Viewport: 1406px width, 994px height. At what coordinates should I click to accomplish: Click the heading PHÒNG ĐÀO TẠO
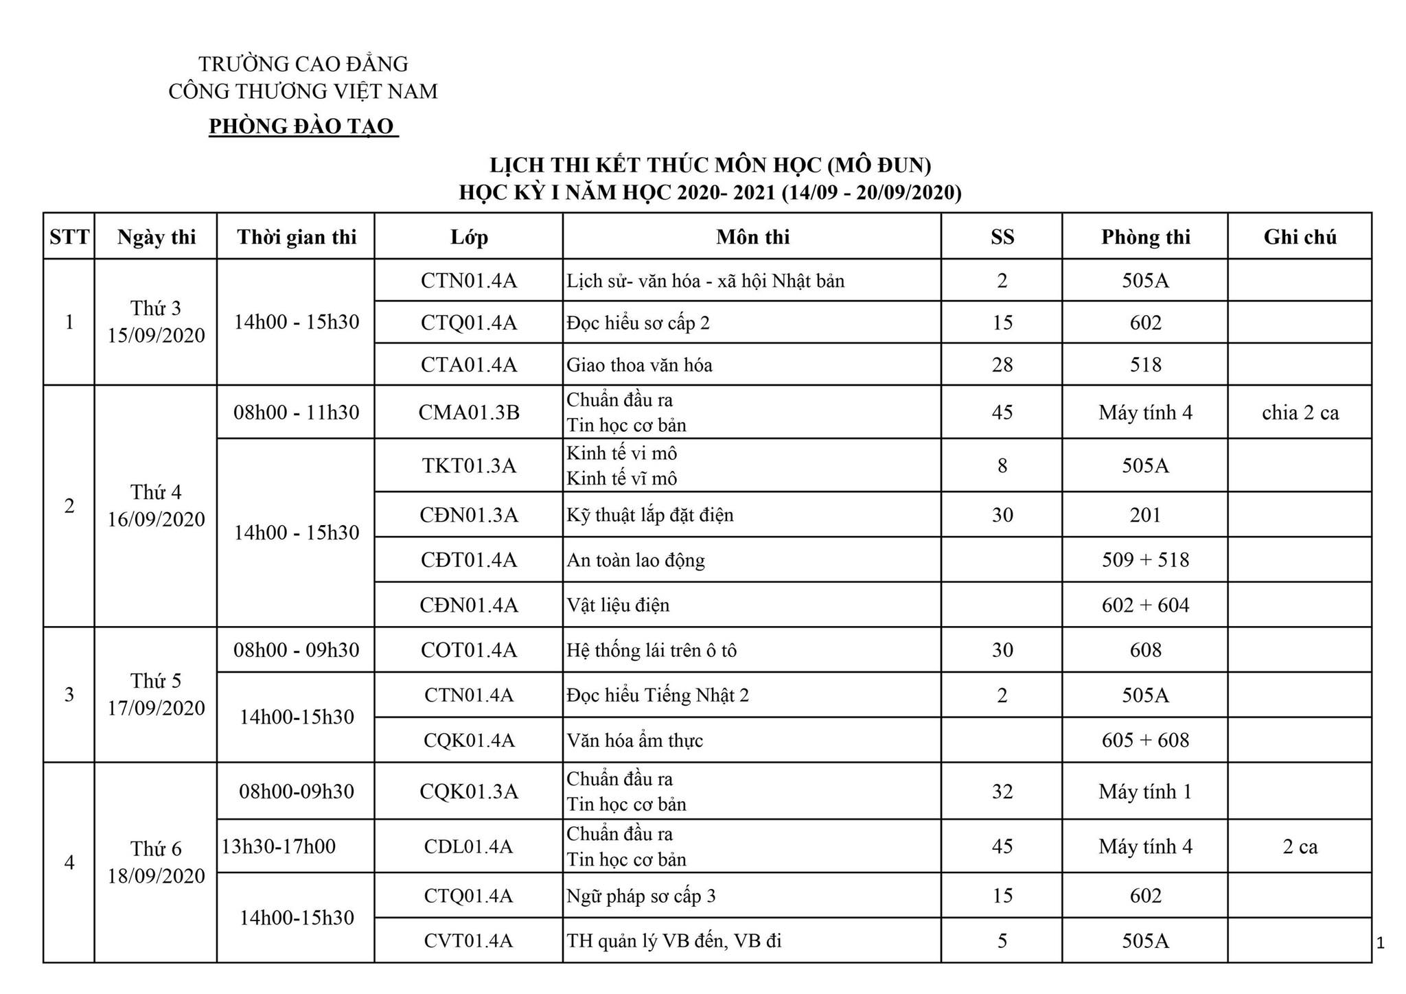[302, 126]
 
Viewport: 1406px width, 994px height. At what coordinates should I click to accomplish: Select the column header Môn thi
[752, 237]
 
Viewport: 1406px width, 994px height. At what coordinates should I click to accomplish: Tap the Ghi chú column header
[1300, 237]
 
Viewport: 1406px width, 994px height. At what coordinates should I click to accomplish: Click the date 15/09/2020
[156, 335]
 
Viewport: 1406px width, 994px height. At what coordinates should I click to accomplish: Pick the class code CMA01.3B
[469, 412]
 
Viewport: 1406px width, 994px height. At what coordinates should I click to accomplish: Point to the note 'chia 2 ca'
[1300, 412]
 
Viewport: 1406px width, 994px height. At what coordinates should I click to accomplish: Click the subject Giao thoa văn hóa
[639, 365]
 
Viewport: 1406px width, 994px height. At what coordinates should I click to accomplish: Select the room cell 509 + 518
[1145, 559]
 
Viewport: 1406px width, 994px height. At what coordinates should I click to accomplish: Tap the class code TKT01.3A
[469, 465]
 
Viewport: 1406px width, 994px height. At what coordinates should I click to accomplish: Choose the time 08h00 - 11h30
[296, 412]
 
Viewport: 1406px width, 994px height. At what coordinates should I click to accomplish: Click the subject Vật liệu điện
[617, 605]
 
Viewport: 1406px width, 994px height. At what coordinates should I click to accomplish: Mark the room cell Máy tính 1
[1145, 791]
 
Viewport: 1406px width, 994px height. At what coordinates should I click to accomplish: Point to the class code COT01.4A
[469, 649]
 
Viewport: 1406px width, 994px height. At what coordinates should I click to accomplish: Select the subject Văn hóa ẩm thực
[634, 740]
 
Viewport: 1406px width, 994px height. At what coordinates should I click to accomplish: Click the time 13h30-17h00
[278, 846]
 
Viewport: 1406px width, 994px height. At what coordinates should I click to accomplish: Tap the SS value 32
[1002, 791]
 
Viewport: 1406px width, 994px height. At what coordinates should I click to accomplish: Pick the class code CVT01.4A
[469, 940]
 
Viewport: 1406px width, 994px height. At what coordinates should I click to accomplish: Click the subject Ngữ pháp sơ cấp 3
[641, 895]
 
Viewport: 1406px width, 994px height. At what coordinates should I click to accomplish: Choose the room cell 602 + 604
[1145, 605]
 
